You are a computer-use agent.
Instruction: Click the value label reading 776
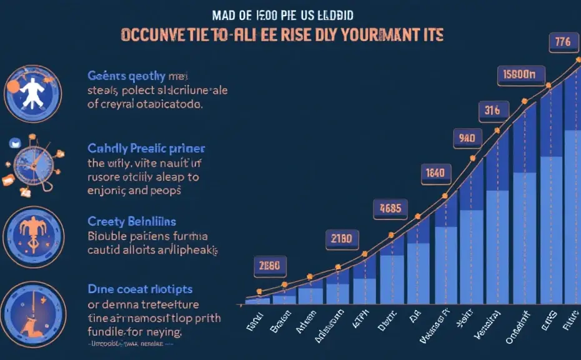[562, 43]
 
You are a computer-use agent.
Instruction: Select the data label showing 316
[492, 111]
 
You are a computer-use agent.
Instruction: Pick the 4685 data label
[390, 208]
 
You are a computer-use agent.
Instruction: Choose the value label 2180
[343, 239]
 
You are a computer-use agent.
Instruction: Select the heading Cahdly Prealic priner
[146, 149]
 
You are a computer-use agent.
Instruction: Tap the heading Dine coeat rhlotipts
[139, 289]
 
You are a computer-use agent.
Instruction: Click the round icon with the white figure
[32, 91]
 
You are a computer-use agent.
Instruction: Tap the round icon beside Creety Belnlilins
[33, 235]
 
